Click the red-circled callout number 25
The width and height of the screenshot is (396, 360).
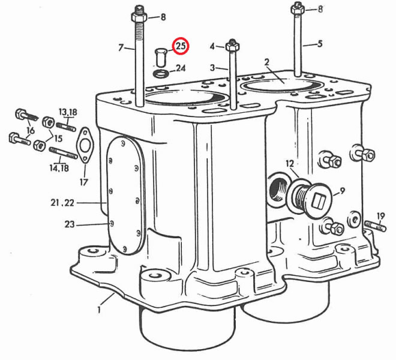pyautogui.click(x=181, y=46)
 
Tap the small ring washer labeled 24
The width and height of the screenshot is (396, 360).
pyautogui.click(x=160, y=74)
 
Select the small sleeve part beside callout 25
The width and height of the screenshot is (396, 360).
pyautogui.click(x=160, y=57)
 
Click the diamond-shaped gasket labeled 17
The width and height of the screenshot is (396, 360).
pyautogui.click(x=84, y=145)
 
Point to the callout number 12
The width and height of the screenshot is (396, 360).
pyautogui.click(x=290, y=163)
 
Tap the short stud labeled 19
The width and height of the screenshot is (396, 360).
pyautogui.click(x=375, y=226)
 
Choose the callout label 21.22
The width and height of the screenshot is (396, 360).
pyautogui.click(x=62, y=203)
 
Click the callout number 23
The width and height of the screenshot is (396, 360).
pyautogui.click(x=70, y=224)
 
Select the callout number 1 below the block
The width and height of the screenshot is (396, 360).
pyautogui.click(x=99, y=309)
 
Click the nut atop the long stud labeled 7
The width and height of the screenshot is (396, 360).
pyautogui.click(x=139, y=17)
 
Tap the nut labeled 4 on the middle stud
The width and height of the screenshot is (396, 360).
pyautogui.click(x=232, y=46)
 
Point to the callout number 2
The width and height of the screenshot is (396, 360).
pyautogui.click(x=266, y=62)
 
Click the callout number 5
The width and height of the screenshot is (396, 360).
pyautogui.click(x=320, y=44)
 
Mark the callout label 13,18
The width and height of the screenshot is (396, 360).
pyautogui.click(x=68, y=112)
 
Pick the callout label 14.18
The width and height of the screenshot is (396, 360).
pyautogui.click(x=59, y=168)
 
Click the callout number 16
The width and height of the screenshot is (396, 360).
pyautogui.click(x=31, y=131)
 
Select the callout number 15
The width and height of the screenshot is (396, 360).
pyautogui.click(x=58, y=139)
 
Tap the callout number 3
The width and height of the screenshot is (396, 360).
pyautogui.click(x=212, y=68)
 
